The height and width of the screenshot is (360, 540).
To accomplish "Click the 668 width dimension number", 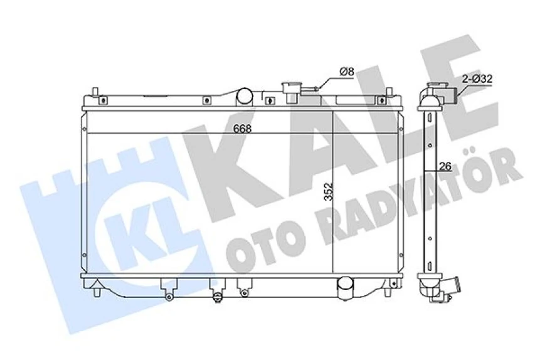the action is pos(243,129).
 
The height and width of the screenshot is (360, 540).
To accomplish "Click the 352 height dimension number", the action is pos(329,192).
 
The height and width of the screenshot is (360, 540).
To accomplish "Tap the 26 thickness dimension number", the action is pos(445,166).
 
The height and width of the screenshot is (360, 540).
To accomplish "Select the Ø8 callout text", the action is pos(347,71).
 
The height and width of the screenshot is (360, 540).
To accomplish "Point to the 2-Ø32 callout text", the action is pos(477,79).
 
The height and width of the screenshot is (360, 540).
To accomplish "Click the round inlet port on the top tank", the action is pos(244,97).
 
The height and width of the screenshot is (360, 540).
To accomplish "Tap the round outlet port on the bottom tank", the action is pos(345,288).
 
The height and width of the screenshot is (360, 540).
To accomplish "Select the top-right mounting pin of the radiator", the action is pos(388,92).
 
